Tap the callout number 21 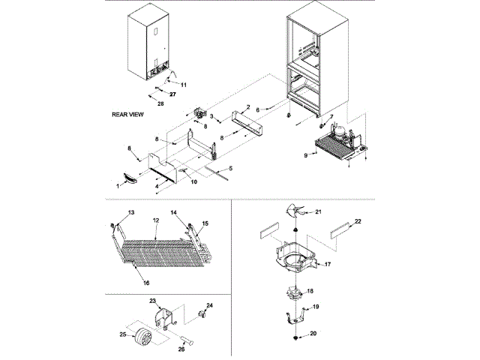point(319,212)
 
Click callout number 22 point(358,221)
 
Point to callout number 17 point(328,264)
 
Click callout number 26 point(180,347)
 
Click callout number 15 point(205,223)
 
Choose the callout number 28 point(160,103)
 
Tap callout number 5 point(230,168)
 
